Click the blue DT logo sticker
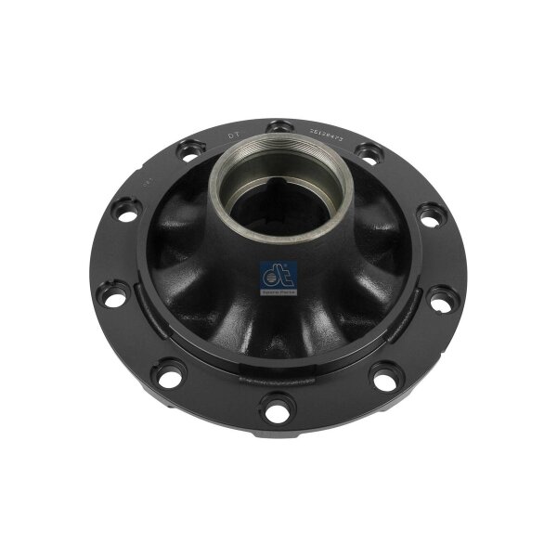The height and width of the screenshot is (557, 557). (x=278, y=277)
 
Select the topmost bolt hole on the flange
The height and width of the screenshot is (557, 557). (x=275, y=125)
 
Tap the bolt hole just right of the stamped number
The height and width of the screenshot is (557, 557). (x=366, y=148)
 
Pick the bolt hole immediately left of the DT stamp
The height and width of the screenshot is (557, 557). (x=188, y=147)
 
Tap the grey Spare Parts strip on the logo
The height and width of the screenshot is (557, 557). (x=278, y=291)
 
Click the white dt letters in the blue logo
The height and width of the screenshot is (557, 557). (x=278, y=274)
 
